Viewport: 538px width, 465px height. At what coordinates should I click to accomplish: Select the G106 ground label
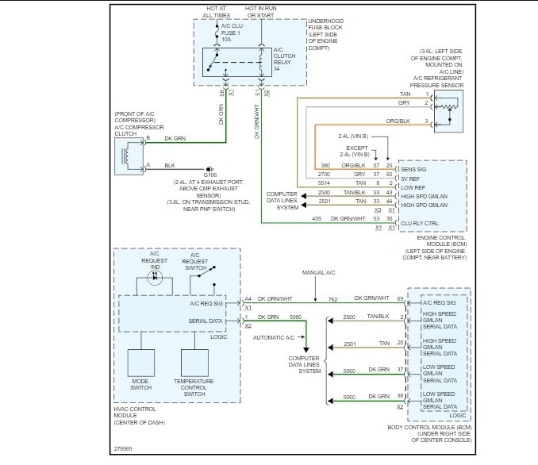tap(209, 175)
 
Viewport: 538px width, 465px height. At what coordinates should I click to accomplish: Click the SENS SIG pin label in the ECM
tap(413, 169)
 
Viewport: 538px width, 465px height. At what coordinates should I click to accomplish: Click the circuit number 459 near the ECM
tap(317, 218)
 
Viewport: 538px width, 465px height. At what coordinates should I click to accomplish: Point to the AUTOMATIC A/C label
tap(274, 337)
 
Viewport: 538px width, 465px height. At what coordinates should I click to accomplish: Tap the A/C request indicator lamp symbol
tap(155, 279)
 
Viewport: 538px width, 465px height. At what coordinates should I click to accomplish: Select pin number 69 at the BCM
tap(401, 298)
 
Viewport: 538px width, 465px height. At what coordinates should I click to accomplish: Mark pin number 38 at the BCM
tap(401, 396)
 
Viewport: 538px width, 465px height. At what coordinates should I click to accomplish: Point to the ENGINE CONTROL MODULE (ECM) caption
tap(434, 238)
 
